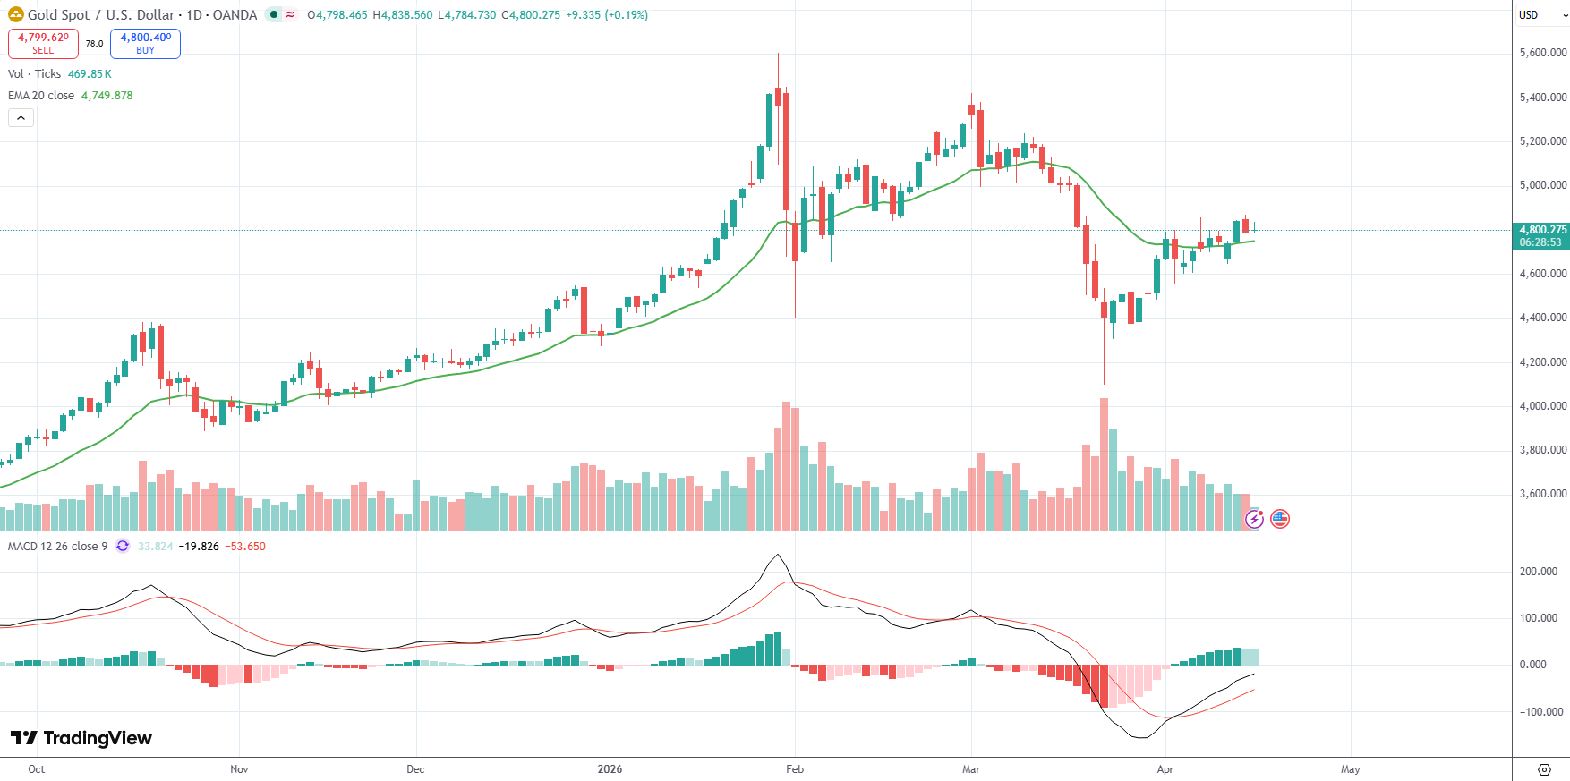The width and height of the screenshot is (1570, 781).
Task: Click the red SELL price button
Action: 43,43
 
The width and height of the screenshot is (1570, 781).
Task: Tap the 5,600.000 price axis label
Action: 1542,53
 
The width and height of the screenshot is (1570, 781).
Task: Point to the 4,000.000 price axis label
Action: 1542,406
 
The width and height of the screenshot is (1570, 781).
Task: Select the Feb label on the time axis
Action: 794,769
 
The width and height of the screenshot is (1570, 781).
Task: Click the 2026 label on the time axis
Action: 610,769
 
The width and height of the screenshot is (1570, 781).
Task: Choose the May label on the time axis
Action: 1350,769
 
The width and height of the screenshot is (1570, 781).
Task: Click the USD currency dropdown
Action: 1541,15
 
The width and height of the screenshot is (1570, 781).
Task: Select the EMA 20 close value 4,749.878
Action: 107,96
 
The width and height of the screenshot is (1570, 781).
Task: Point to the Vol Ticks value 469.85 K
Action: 90,74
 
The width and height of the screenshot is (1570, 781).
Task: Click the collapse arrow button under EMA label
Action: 21,117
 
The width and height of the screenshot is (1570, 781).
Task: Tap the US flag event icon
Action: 1280,519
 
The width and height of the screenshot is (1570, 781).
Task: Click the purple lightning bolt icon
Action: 1254,519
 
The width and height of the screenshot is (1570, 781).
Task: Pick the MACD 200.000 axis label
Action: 1538,572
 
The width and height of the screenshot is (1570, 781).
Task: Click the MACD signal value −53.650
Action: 245,547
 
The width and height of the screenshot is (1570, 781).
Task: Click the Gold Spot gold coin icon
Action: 16,15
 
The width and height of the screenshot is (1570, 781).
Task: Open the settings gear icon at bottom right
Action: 1543,769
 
